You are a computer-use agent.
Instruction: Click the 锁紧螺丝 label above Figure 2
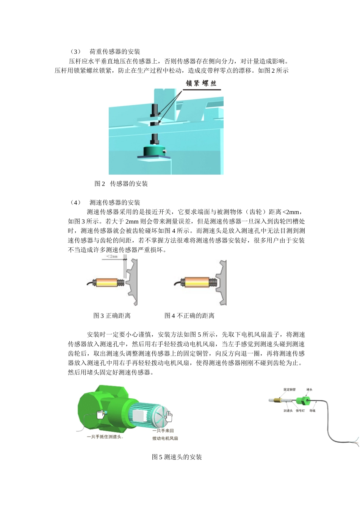[x=201, y=83]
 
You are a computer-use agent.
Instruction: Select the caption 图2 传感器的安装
[x=121, y=184]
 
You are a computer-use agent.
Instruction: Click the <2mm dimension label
[x=112, y=256]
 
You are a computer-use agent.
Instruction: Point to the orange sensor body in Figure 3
[x=106, y=283]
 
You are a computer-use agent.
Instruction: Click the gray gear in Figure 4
[x=222, y=282]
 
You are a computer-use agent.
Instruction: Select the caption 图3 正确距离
[x=112, y=315]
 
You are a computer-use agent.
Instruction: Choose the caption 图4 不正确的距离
[x=189, y=315]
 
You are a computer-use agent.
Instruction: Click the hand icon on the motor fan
[x=168, y=416]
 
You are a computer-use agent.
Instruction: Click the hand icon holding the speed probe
[x=101, y=414]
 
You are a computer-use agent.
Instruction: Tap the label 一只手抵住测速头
[x=105, y=437]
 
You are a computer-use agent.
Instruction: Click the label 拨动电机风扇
[x=165, y=438]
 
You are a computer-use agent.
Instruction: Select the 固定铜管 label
[x=290, y=389]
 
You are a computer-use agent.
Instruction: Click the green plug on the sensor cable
[x=302, y=401]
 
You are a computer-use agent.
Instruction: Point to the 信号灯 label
[x=300, y=411]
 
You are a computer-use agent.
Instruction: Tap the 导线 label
[x=312, y=411]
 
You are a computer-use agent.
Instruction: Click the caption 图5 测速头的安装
[x=177, y=457]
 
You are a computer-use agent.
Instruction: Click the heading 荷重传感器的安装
[x=115, y=52]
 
